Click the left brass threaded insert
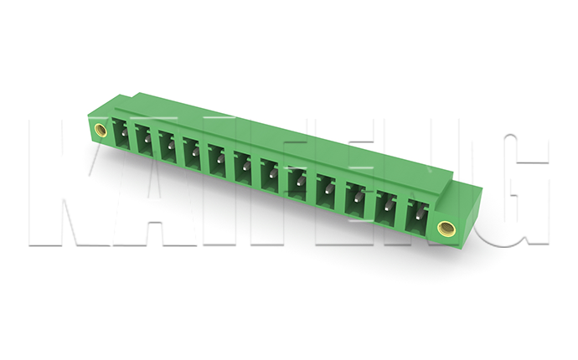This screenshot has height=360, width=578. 100,130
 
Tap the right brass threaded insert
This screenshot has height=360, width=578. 446,228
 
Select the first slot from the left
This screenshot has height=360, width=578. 121,133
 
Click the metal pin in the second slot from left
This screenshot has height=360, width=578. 147,139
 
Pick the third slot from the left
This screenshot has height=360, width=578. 168,146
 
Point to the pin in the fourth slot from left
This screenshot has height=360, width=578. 194,152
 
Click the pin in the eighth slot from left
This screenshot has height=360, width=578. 300,181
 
